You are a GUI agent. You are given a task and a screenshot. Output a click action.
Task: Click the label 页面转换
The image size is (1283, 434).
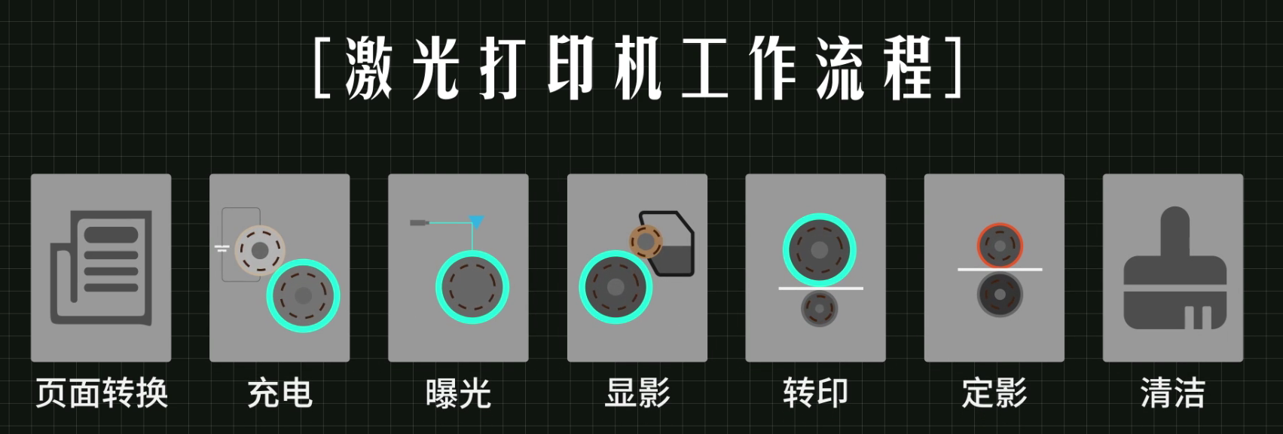click(x=102, y=393)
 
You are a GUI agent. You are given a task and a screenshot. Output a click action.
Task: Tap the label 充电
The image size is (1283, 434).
click(x=280, y=393)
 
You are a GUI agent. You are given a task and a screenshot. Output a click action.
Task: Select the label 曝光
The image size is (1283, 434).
click(x=458, y=393)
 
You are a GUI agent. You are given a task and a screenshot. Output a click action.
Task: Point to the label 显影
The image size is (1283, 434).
click(x=637, y=393)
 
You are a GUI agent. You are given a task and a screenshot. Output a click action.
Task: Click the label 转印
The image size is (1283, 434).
click(x=816, y=393)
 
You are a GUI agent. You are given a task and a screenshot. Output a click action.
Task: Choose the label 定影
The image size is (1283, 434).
click(x=994, y=393)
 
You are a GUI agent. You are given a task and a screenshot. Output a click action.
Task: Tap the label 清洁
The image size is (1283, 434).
click(x=1173, y=393)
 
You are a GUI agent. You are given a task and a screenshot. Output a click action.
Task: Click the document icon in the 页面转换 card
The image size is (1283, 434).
click(x=102, y=267)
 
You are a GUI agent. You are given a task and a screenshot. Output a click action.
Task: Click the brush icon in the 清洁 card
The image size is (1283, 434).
click(x=1175, y=267)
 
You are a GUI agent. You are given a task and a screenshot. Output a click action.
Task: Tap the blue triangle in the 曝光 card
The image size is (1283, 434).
click(x=476, y=222)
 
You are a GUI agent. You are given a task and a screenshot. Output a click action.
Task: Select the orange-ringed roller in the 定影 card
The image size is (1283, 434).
click(x=1000, y=246)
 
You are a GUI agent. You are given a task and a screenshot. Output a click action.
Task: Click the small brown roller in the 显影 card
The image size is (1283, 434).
click(x=646, y=242)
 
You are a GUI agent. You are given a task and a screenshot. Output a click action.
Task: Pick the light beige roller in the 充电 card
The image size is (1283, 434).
click(x=259, y=250)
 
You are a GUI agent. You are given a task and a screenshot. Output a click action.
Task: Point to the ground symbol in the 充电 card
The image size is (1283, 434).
click(x=221, y=249)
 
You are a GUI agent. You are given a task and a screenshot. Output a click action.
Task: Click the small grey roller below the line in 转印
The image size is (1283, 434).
click(x=819, y=309)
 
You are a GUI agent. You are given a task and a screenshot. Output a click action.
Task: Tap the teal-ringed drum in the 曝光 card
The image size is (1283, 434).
click(x=472, y=287)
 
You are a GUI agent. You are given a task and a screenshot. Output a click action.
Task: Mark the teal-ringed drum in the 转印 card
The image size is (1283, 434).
click(x=820, y=249)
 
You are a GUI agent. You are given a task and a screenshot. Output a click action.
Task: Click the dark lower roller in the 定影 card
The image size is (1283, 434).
click(x=1000, y=295)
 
